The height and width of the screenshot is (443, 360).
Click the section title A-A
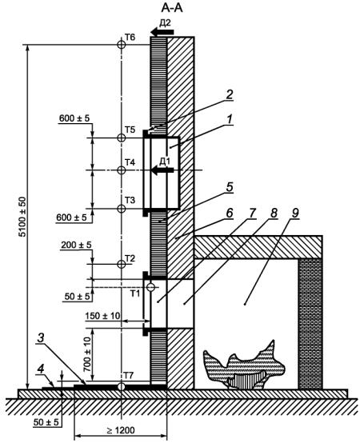172,8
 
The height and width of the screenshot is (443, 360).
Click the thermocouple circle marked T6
122,44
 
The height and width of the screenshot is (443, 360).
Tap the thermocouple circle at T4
122,170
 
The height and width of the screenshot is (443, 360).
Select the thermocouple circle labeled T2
122,264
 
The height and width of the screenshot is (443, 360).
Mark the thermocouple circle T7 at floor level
122,386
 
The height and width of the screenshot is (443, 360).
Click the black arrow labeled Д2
162,32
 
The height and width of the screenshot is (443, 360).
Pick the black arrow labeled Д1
162,170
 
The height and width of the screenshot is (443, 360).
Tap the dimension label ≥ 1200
121,430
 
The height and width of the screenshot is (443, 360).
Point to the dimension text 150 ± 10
103,315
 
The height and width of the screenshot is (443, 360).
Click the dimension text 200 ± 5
76,245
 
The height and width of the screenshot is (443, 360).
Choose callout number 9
294,214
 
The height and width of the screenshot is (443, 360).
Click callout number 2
230,95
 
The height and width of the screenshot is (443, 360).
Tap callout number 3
41,338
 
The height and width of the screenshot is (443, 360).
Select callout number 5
230,187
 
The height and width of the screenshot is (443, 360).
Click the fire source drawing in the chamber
244,364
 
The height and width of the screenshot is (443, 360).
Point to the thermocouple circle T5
122,138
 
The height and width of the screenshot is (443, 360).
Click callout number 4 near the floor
42,369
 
